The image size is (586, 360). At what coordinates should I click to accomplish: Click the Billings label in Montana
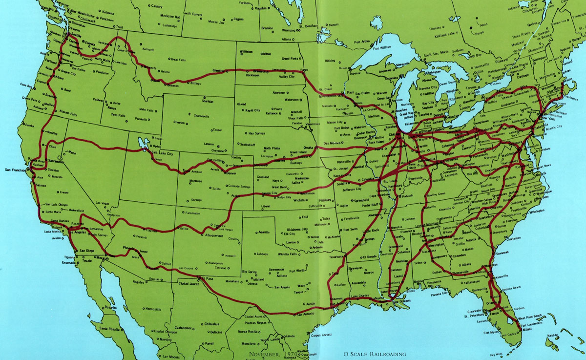(x=195, y=84)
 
